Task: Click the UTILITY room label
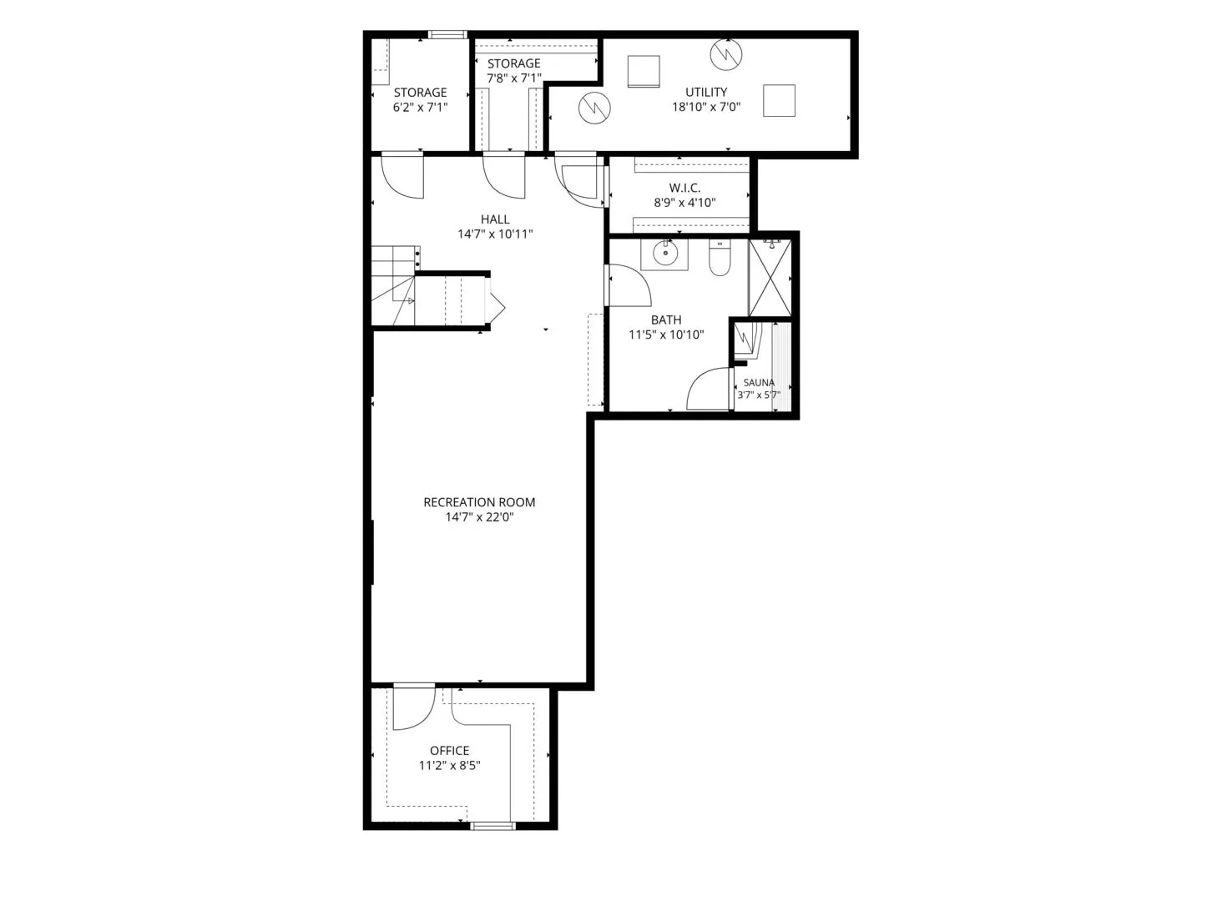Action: tap(705, 92)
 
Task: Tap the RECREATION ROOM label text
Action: tap(479, 502)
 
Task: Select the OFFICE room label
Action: tap(449, 751)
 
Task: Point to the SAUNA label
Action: tap(758, 382)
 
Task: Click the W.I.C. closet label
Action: tap(684, 188)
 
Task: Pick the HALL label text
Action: tap(495, 219)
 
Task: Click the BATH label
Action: tap(666, 320)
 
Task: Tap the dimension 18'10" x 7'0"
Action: tap(706, 107)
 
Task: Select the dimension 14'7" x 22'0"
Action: tap(479, 517)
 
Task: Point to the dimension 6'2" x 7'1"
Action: tap(420, 107)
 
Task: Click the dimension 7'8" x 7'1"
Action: tap(513, 78)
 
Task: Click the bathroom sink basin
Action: tap(665, 254)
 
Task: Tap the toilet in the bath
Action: tap(720, 257)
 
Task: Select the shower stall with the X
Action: tap(770, 278)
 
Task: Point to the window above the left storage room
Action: tap(447, 34)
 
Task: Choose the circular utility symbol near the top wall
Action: tap(726, 54)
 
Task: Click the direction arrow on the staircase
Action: tap(410, 300)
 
